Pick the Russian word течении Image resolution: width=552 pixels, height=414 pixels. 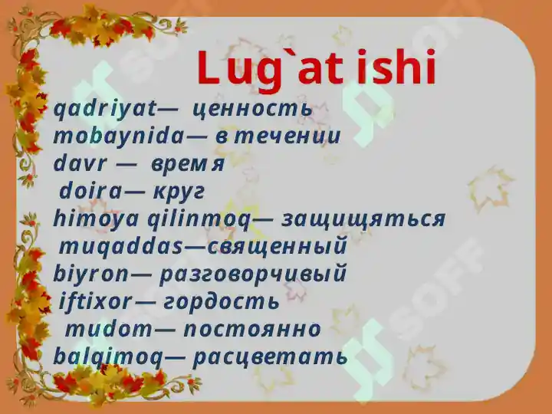[x=287, y=137]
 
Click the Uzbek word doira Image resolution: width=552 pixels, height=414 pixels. [x=90, y=192]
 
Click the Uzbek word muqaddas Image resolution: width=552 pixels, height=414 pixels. [x=121, y=247]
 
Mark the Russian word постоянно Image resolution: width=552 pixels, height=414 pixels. [x=252, y=329]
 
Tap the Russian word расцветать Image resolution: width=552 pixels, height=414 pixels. [x=271, y=356]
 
